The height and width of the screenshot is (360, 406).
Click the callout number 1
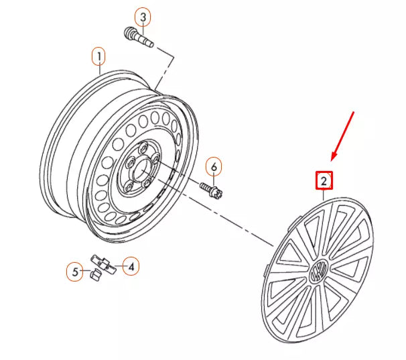[x=99, y=56]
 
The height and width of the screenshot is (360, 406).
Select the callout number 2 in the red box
[x=324, y=180]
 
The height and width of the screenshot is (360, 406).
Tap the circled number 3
[x=143, y=17]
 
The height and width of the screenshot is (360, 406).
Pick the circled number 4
[x=131, y=266]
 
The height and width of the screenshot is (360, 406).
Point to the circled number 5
[x=75, y=272]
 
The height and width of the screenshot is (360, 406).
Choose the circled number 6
[x=214, y=167]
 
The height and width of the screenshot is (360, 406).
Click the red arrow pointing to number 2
[x=342, y=136]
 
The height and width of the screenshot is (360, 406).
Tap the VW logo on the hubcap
[x=318, y=271]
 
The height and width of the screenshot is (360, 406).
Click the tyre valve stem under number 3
[x=139, y=38]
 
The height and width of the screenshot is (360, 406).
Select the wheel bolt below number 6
[x=211, y=190]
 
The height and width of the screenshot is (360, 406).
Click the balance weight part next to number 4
[x=104, y=264]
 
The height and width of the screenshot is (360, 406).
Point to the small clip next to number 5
[x=95, y=274]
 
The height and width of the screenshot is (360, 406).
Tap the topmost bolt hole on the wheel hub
[x=143, y=149]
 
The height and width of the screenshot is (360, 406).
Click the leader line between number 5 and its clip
[x=86, y=271]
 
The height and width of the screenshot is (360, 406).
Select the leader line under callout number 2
[x=324, y=194]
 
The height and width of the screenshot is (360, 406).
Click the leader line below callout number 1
[x=99, y=70]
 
